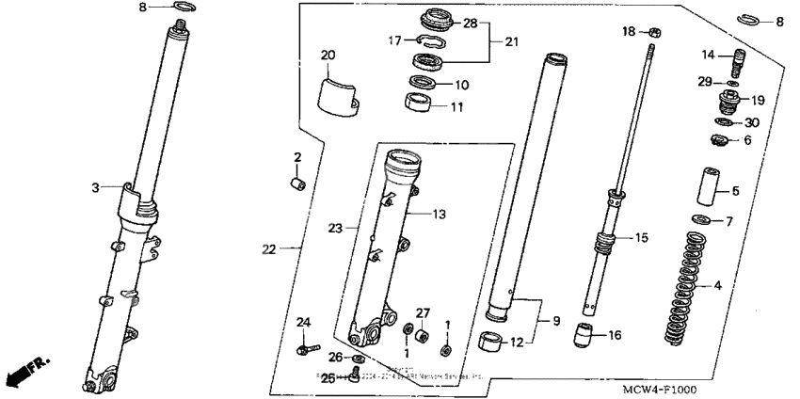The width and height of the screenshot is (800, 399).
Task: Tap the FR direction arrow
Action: pyautogui.click(x=26, y=372)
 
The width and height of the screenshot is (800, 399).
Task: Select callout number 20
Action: pyautogui.click(x=328, y=55)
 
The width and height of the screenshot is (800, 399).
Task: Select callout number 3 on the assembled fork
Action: pyautogui.click(x=95, y=188)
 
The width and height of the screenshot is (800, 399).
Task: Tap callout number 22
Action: pyautogui.click(x=269, y=249)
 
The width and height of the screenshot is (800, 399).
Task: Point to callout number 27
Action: pyautogui.click(x=423, y=313)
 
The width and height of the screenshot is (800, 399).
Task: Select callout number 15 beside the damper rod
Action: pyautogui.click(x=640, y=238)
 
